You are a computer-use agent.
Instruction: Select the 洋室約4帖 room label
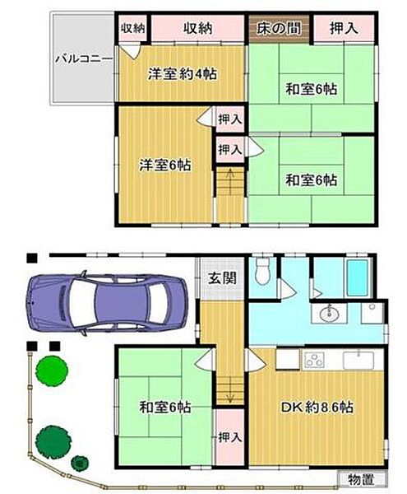click(183, 73)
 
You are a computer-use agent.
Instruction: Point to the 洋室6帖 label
click(166, 165)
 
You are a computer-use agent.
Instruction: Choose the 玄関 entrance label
click(220, 278)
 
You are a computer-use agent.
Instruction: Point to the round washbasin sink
click(329, 314)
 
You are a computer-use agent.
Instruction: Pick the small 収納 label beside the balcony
click(132, 29)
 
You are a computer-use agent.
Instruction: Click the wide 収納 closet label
click(198, 29)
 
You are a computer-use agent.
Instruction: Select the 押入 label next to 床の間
click(343, 29)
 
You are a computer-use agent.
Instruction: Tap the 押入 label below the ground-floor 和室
click(229, 436)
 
